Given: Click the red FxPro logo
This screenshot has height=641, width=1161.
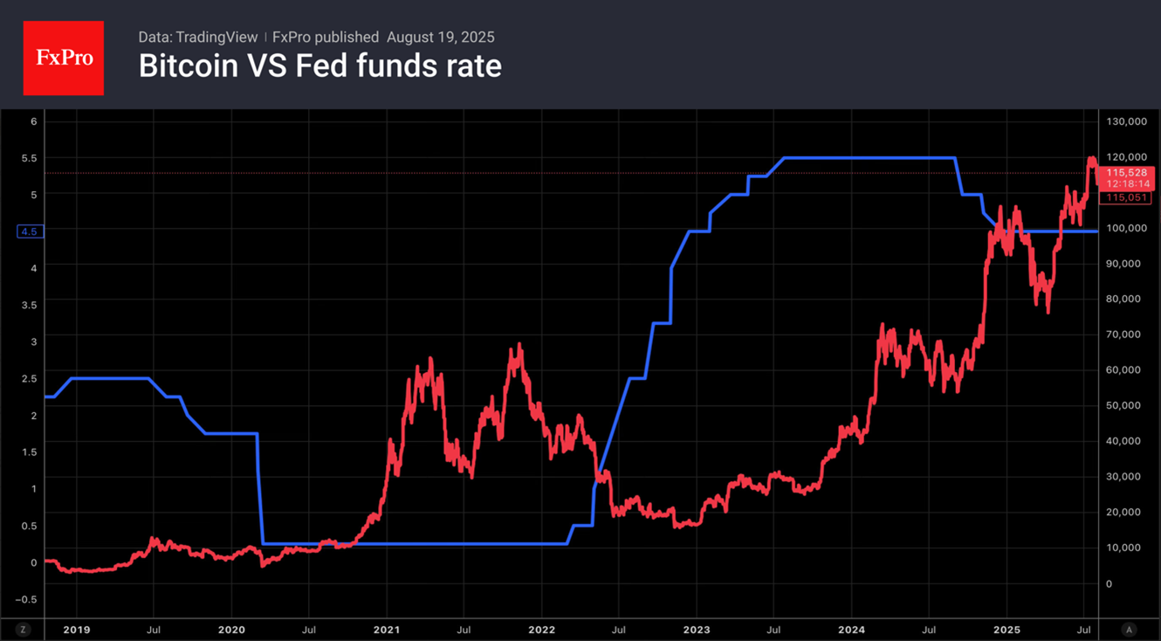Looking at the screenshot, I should point(63,59).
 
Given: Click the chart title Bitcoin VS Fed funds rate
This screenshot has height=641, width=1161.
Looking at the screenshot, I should point(319,66).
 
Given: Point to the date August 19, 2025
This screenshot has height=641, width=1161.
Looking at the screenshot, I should point(440,37).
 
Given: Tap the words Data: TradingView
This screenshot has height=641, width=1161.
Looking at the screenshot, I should point(198,37).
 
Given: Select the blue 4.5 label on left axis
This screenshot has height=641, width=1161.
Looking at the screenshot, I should point(30,231).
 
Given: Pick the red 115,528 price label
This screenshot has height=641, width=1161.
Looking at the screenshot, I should point(1126,173).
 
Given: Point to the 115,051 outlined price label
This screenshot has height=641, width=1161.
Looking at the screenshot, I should point(1126,197).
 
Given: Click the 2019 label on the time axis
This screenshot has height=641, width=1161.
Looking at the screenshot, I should point(76,629).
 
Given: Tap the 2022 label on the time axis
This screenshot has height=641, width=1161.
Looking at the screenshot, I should point(541,629).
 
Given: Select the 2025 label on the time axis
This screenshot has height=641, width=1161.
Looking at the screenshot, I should point(1006,629).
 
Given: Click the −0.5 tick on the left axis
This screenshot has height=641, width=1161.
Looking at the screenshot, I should point(27,599).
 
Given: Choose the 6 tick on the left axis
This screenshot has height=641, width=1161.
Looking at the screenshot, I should point(34,121).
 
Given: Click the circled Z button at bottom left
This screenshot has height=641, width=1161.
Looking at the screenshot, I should point(23,629).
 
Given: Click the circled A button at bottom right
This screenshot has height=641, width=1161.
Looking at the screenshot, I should point(1129,629).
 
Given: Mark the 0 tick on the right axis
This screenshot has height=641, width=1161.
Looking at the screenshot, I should point(1109,583).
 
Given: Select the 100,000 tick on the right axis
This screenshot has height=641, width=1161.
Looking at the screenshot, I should point(1124,228).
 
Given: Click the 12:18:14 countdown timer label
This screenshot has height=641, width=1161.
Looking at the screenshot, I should point(1126,184).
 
